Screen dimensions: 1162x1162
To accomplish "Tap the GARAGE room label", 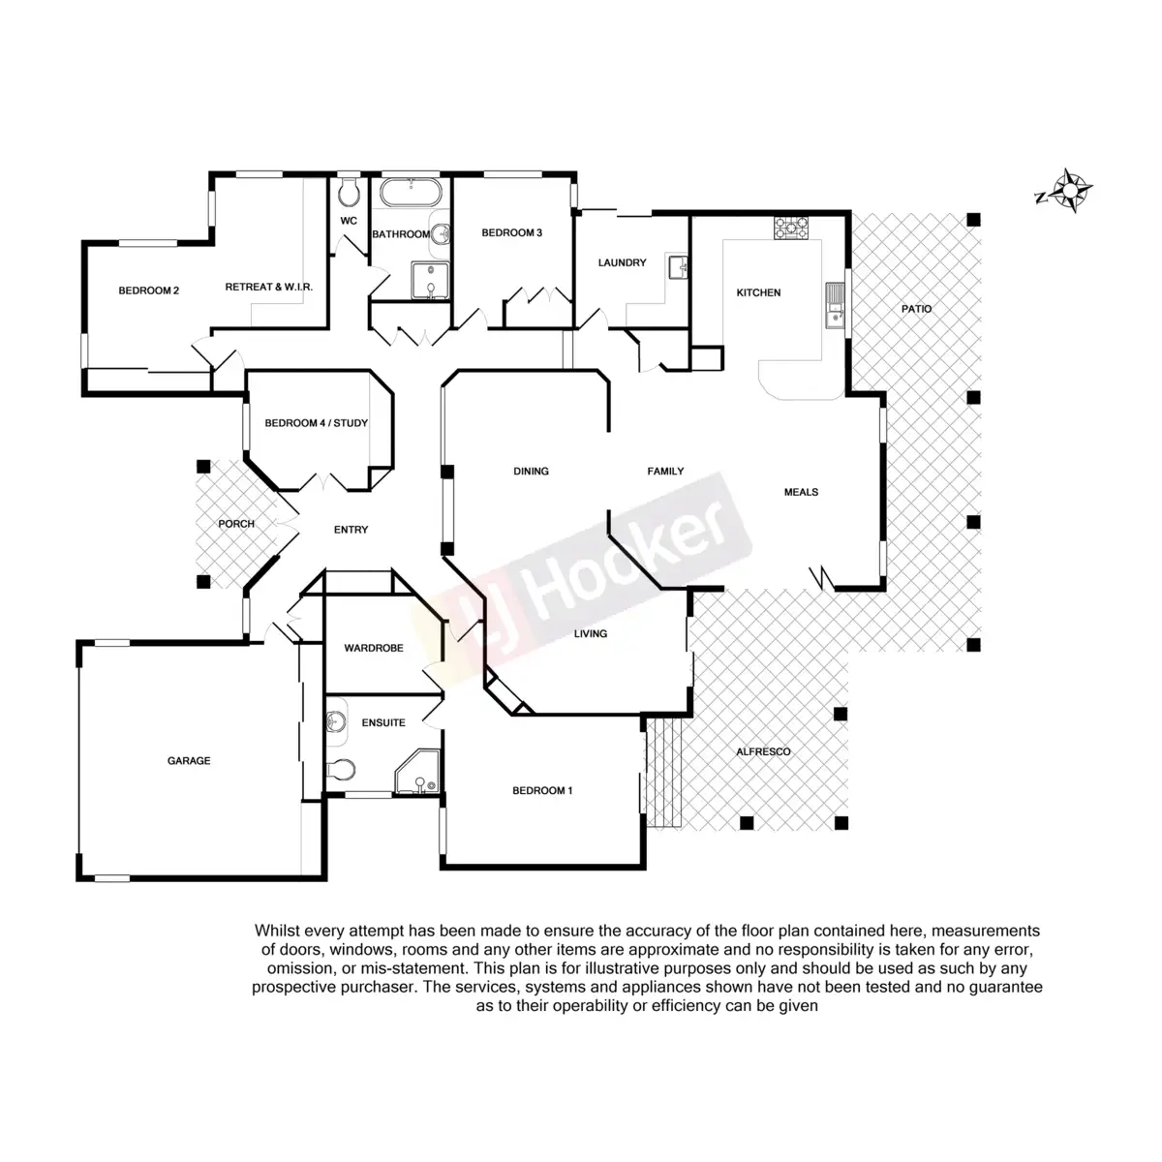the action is (x=189, y=761).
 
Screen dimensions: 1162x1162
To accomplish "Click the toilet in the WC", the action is (x=349, y=193).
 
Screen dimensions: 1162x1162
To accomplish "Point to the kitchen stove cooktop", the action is (x=791, y=228).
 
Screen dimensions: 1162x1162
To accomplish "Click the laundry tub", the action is (x=678, y=264).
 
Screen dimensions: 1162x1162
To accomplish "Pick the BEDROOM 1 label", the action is (x=542, y=790).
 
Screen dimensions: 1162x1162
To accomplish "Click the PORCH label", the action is (x=236, y=524).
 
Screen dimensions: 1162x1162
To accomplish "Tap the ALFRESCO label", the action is (x=763, y=751).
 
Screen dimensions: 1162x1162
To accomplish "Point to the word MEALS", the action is (x=801, y=492).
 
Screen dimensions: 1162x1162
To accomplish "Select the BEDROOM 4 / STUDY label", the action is (x=316, y=423).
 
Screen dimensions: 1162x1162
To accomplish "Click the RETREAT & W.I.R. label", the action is (x=268, y=288).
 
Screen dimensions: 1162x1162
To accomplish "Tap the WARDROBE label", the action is (x=374, y=648).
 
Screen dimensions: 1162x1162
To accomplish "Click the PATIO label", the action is (x=916, y=309).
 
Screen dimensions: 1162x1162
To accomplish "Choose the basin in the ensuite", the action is (x=337, y=722).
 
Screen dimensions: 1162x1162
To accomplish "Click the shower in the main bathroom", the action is (x=429, y=279).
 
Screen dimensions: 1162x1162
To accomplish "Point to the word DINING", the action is (x=531, y=472).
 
